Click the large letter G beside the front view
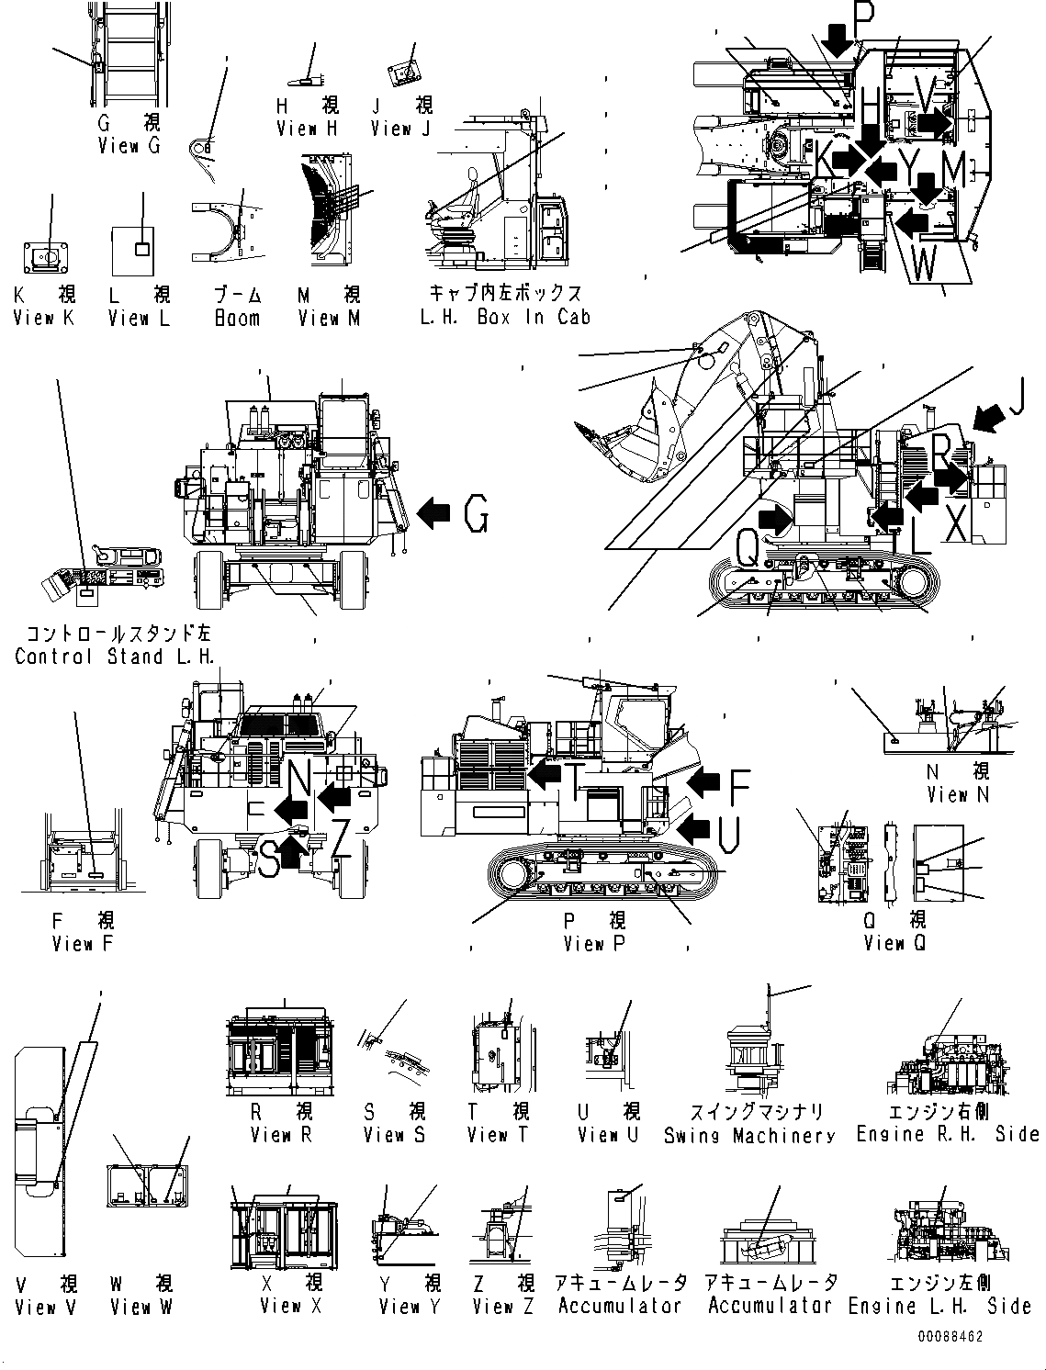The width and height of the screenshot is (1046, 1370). tap(476, 514)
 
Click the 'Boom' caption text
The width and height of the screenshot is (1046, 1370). tap(237, 318)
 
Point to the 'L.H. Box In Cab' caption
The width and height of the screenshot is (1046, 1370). tap(505, 317)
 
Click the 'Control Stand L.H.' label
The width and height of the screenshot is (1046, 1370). tap(115, 657)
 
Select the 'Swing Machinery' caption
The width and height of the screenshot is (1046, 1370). tap(749, 1136)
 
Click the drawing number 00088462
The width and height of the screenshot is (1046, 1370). tap(950, 1336)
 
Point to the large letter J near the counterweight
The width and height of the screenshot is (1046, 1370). tap(1015, 397)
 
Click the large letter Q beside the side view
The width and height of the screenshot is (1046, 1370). tap(748, 552)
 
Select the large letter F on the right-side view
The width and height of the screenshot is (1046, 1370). tap(738, 782)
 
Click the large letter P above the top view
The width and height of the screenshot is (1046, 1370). tap(864, 16)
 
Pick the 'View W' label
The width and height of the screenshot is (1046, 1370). tap(141, 1307)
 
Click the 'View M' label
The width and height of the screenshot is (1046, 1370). tap(329, 318)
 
